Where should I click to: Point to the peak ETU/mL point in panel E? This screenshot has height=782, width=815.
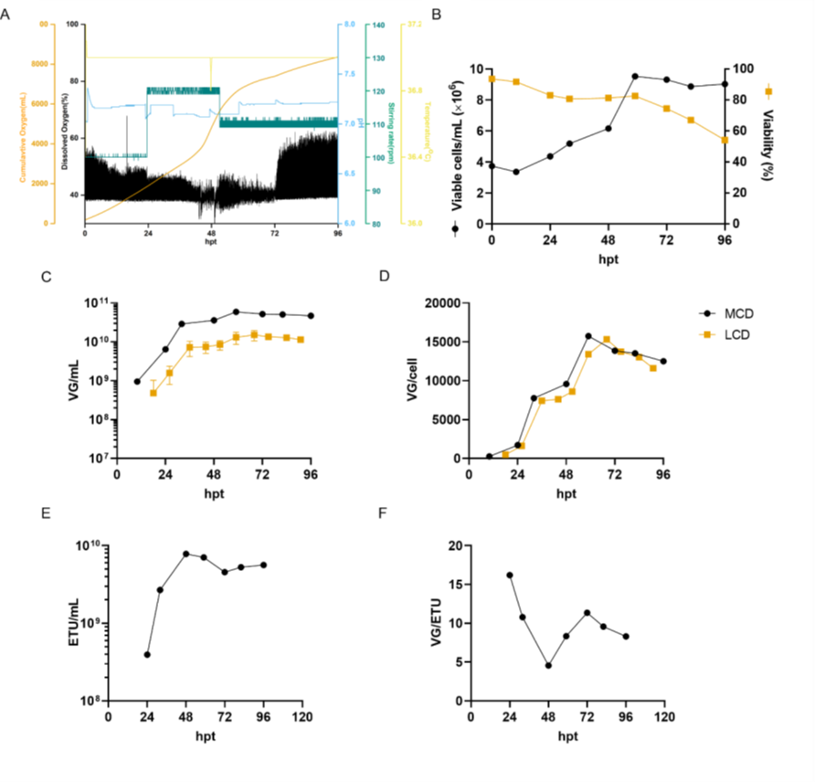tap(185, 554)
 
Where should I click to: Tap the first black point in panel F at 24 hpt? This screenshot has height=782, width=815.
tap(509, 576)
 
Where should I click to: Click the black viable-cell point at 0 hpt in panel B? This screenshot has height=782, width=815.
tap(492, 165)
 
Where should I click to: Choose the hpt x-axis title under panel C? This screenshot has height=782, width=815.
tap(214, 493)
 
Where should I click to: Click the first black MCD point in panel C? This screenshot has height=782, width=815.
tap(137, 381)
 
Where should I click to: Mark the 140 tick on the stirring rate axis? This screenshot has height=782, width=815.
tap(376, 25)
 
